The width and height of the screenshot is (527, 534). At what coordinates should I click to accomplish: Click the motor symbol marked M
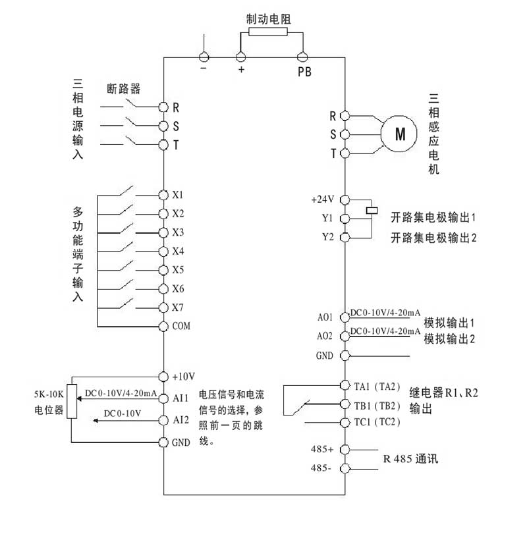pyautogui.click(x=400, y=134)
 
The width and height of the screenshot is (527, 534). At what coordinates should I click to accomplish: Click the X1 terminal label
pyautogui.click(x=178, y=195)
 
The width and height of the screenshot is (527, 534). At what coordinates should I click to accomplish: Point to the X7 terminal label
pyautogui.click(x=178, y=307)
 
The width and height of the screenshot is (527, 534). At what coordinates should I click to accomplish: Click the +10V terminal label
pyautogui.click(x=184, y=377)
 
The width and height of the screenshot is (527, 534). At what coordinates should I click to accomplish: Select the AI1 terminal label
pyautogui.click(x=180, y=398)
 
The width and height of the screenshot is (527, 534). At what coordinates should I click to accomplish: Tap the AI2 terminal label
pyautogui.click(x=180, y=419)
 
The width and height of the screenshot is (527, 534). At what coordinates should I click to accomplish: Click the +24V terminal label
pyautogui.click(x=323, y=198)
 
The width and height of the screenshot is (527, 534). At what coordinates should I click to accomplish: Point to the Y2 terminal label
pyautogui.click(x=327, y=236)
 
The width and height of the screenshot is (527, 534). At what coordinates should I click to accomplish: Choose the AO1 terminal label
pyautogui.click(x=325, y=317)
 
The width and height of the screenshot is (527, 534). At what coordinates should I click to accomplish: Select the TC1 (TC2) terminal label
pyautogui.click(x=377, y=422)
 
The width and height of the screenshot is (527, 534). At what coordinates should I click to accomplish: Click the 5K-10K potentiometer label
pyautogui.click(x=48, y=396)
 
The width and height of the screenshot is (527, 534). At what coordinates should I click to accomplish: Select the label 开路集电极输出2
pyautogui.click(x=433, y=237)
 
